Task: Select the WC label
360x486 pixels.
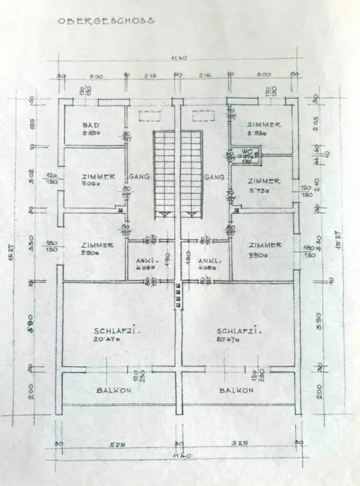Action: [x=246, y=152]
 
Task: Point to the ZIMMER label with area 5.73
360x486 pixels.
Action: [x=263, y=181]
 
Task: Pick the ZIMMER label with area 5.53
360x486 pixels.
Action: [x=263, y=125]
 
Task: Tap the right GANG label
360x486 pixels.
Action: [x=215, y=177]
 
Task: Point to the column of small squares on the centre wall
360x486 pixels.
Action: [x=178, y=295]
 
